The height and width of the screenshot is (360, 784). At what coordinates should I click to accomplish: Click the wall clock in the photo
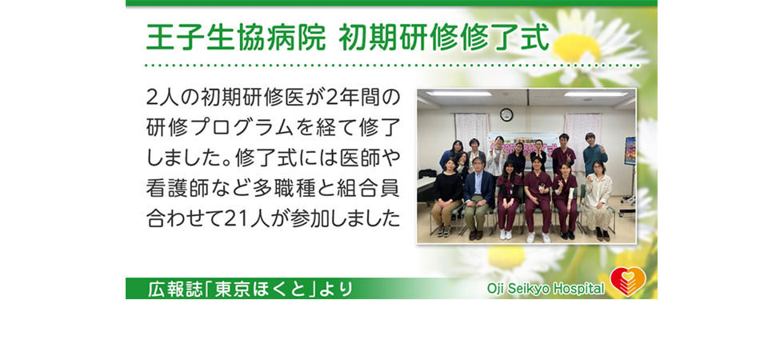pos(506,114)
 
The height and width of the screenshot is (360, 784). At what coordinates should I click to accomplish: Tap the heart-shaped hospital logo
pos(628,281)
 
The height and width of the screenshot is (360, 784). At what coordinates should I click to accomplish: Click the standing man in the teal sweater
pos(594,154)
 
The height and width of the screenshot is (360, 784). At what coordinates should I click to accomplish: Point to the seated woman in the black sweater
pos(447,197)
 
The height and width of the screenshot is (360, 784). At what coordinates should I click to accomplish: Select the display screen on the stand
pos(630,150)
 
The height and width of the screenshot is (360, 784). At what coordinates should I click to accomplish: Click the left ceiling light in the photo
pos(458,94)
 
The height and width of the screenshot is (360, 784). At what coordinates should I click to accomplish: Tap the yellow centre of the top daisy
pos(577,47)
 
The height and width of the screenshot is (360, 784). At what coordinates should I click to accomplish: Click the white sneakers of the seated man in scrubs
pos(538,237)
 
